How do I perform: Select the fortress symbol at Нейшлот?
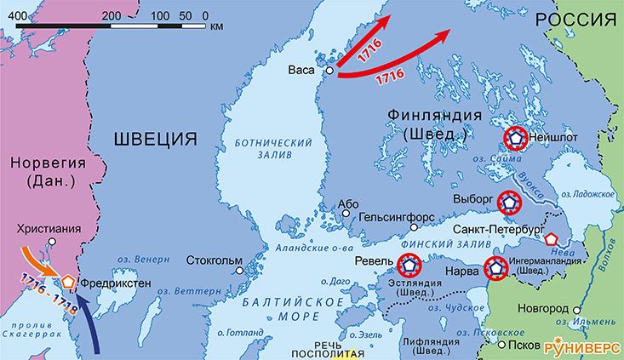point(516,138)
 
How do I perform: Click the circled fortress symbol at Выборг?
point(508,202)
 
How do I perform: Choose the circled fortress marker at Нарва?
point(495,268)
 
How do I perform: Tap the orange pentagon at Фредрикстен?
point(67,281)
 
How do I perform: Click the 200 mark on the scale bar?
point(110,15)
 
